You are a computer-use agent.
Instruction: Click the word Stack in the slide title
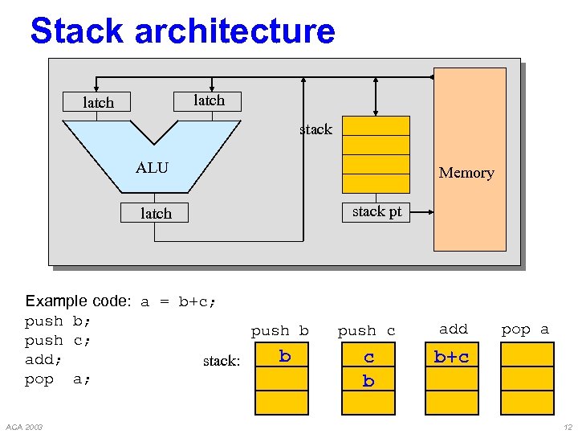tap(78, 31)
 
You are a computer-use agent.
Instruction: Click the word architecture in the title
tap(234, 31)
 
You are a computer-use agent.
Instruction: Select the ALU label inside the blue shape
tap(152, 167)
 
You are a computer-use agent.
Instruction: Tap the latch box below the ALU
tap(156, 213)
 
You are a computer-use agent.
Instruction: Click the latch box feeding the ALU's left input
tap(99, 102)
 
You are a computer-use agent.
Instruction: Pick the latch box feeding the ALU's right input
tap(209, 100)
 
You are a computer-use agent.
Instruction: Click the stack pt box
tap(377, 211)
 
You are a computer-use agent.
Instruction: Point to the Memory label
tap(466, 173)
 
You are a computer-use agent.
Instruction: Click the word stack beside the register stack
tap(315, 129)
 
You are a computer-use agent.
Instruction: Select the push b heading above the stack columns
tap(279, 331)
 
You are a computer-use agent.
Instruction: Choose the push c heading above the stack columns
tap(366, 331)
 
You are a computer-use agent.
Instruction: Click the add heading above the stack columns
tap(453, 329)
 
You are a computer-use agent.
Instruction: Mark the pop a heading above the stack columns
tap(525, 330)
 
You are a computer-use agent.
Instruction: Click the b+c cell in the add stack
tap(451, 357)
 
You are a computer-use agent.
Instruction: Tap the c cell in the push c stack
tap(368, 357)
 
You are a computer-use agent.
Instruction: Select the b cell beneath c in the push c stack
tap(368, 381)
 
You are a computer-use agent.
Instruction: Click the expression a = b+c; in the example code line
tap(179, 302)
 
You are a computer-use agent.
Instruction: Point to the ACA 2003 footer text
tap(23, 426)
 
